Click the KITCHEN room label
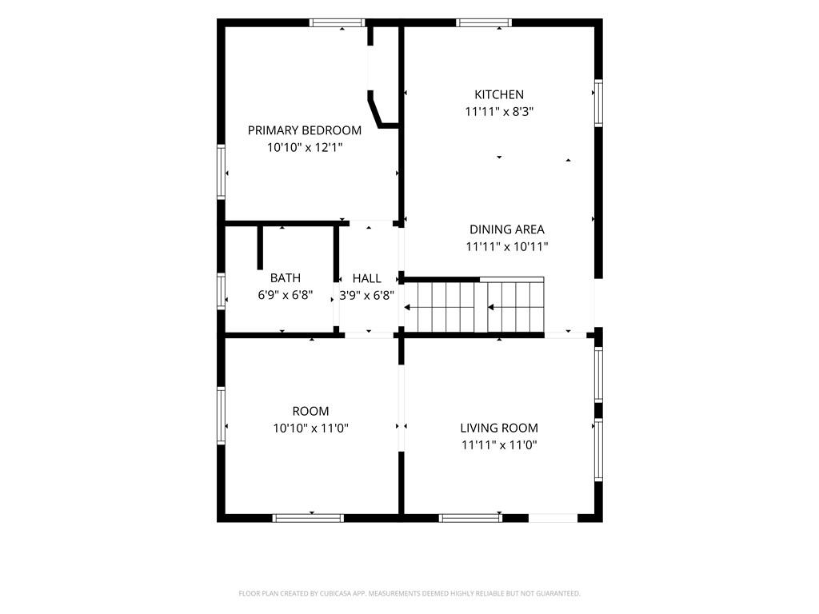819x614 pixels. click(499, 94)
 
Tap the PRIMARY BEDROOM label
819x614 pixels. click(305, 130)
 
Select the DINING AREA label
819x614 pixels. click(506, 229)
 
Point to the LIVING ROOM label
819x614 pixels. click(499, 429)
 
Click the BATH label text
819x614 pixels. click(286, 277)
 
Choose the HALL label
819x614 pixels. click(366, 278)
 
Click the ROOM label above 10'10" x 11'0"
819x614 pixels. click(310, 411)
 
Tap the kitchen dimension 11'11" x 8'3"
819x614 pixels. click(499, 112)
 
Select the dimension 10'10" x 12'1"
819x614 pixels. click(305, 148)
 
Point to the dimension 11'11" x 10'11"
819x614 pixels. click(506, 246)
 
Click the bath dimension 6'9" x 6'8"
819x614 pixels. click(286, 295)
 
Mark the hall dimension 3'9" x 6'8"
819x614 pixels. click(366, 296)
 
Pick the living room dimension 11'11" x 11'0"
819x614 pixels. click(499, 445)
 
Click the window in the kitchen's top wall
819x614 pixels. click(484, 22)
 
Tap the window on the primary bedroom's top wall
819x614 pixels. click(337, 22)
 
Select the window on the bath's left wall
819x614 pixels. click(221, 291)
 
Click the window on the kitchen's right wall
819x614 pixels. click(598, 103)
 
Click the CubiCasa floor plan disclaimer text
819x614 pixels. click(409, 594)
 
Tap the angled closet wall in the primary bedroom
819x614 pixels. click(374, 109)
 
